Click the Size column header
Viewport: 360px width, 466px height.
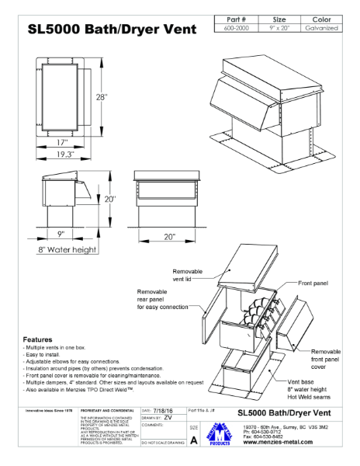click(x=279, y=19)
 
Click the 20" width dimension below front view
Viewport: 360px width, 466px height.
click(x=169, y=237)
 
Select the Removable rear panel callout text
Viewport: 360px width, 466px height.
click(x=162, y=299)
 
